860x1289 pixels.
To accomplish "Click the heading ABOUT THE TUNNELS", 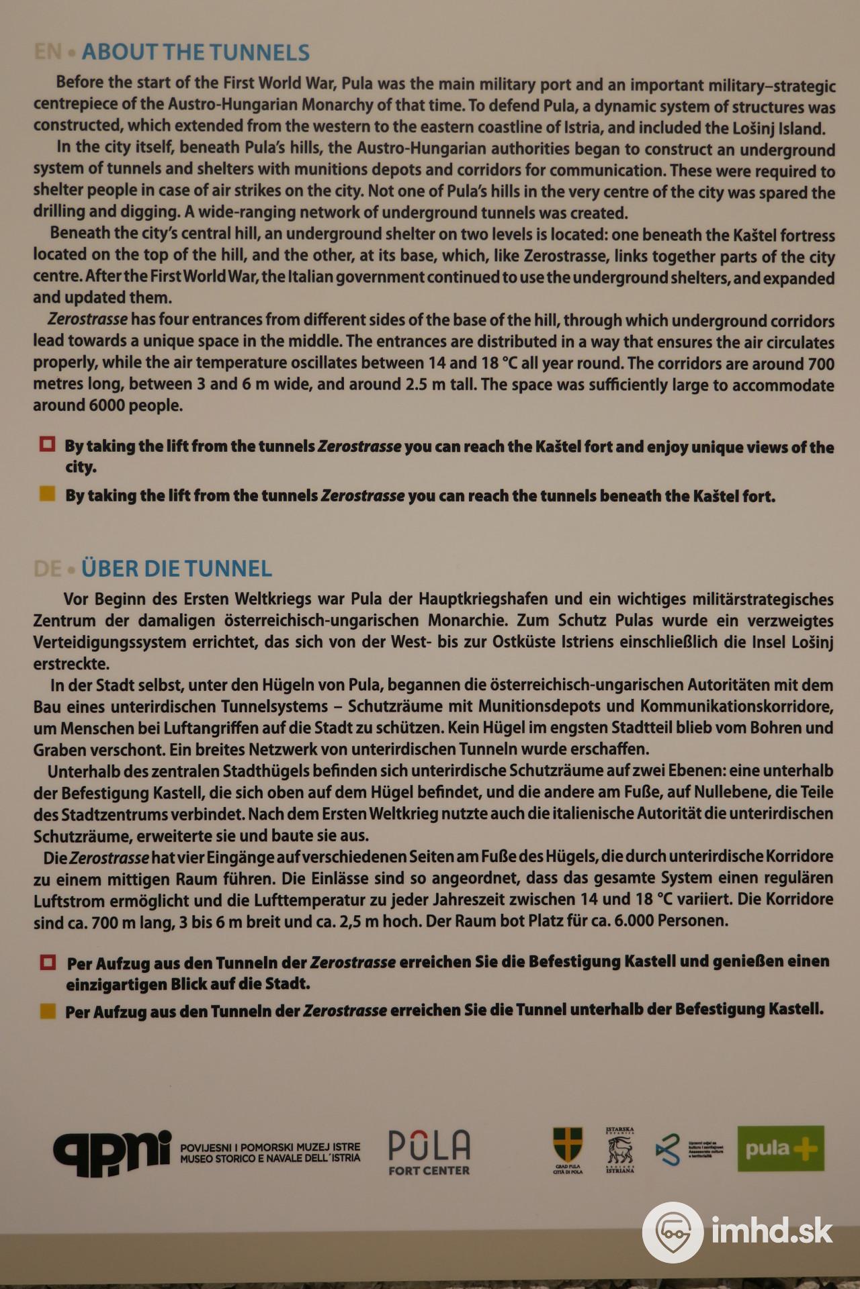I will point(196,52).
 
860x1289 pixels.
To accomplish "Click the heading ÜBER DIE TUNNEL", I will point(177,569).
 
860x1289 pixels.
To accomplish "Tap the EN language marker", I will point(48,52).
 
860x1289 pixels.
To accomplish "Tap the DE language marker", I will point(48,569).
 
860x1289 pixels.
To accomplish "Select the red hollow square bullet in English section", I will point(47,444).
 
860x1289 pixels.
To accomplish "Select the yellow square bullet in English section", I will point(47,495).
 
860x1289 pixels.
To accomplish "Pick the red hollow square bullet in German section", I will point(47,961).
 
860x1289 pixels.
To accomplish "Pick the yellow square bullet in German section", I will point(47,1011).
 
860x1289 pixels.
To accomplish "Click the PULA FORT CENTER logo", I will point(429,1152).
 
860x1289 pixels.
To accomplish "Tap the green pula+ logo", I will point(781,1149).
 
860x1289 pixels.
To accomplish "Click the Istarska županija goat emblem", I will point(619,1149).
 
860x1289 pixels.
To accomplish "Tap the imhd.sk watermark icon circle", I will point(673,1232).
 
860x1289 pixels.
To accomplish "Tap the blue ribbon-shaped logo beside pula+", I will point(667,1149).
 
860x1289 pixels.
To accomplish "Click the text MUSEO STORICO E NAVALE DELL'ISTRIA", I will point(270,1157).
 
